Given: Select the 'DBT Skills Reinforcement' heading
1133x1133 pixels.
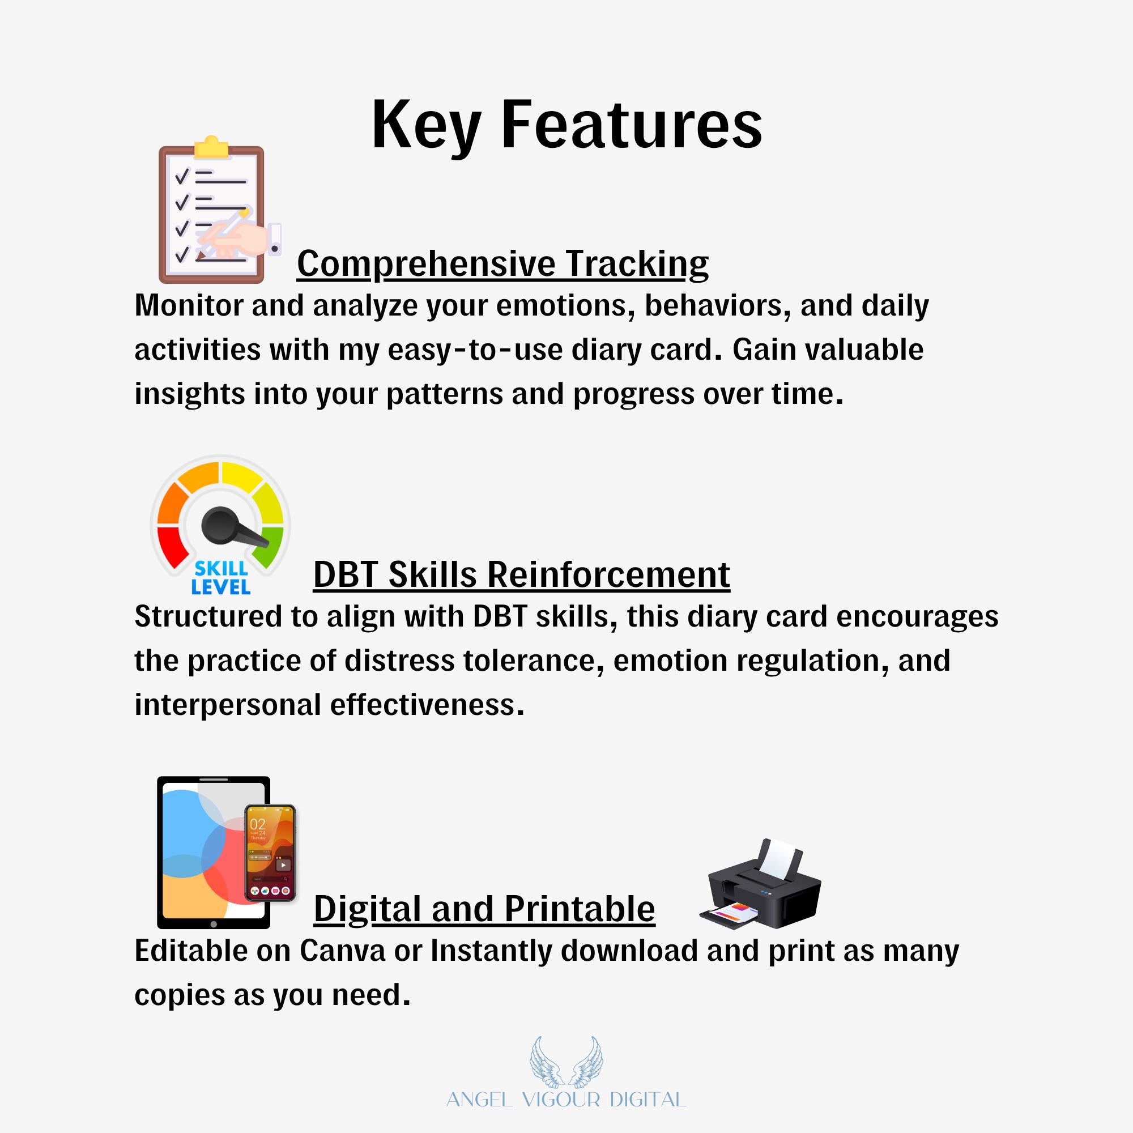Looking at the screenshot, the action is [x=521, y=574].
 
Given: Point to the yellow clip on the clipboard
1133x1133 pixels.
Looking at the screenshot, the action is [x=211, y=147].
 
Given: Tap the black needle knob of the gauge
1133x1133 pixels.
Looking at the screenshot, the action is [x=219, y=523].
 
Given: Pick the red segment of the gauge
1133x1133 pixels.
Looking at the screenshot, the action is [x=172, y=546].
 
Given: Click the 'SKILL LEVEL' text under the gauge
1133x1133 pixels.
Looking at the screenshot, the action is [x=221, y=577].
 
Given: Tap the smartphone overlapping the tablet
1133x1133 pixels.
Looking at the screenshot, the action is [x=270, y=853].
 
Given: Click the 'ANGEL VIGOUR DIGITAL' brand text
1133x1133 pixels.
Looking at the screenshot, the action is [x=566, y=1100].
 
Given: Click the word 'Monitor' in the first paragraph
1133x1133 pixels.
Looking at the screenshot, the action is [x=189, y=305].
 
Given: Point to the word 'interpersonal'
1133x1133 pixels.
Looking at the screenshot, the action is [x=228, y=705].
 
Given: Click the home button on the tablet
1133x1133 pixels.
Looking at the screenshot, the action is [x=214, y=924].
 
